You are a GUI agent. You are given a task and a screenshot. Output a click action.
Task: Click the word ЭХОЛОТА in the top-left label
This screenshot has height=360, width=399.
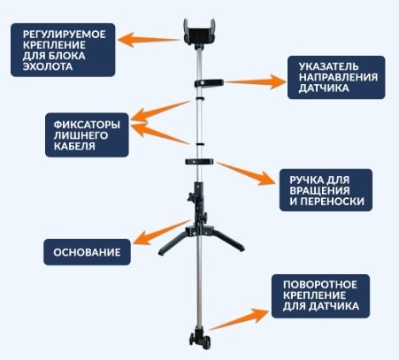(48, 66)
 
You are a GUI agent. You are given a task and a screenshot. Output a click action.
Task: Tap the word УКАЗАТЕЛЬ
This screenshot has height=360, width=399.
(329, 66)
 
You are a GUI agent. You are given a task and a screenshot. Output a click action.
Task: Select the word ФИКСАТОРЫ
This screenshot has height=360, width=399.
(87, 125)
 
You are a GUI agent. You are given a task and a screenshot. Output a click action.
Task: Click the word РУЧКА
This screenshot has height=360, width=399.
(305, 180)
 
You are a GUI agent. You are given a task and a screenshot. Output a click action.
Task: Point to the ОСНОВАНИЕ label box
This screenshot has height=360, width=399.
(87, 252)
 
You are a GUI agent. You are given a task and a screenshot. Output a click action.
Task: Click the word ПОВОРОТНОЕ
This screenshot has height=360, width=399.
(320, 285)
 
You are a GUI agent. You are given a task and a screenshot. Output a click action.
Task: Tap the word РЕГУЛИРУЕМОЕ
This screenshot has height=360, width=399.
(64, 34)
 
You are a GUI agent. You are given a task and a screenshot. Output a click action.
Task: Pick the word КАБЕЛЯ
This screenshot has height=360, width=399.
(74, 146)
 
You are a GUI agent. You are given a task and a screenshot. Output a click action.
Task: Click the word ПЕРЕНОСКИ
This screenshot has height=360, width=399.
(333, 201)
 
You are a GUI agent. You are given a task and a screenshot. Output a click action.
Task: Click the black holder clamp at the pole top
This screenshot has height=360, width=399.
(199, 33)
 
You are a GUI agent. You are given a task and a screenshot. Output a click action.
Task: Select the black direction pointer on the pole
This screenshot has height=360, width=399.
(209, 83)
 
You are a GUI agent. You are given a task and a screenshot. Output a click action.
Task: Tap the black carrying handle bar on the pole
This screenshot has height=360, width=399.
(199, 162)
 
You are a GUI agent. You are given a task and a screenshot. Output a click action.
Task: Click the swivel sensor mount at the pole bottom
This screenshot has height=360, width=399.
(201, 341)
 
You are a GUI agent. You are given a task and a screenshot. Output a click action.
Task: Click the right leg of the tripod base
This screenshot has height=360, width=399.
(228, 241)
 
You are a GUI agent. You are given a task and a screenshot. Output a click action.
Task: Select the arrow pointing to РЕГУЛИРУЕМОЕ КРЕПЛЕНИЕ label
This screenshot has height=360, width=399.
(149, 40)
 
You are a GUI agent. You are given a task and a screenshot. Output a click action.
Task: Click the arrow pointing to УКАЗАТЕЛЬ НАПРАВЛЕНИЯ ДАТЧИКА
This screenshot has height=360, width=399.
(256, 81)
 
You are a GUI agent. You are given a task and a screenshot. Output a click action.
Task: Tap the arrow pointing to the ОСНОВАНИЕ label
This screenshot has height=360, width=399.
(161, 233)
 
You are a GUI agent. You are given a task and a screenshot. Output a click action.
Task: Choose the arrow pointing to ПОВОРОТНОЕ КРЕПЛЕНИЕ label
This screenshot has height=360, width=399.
(239, 319)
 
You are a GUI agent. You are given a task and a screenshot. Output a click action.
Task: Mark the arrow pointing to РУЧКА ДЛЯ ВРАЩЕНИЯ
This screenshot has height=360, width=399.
(246, 173)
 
